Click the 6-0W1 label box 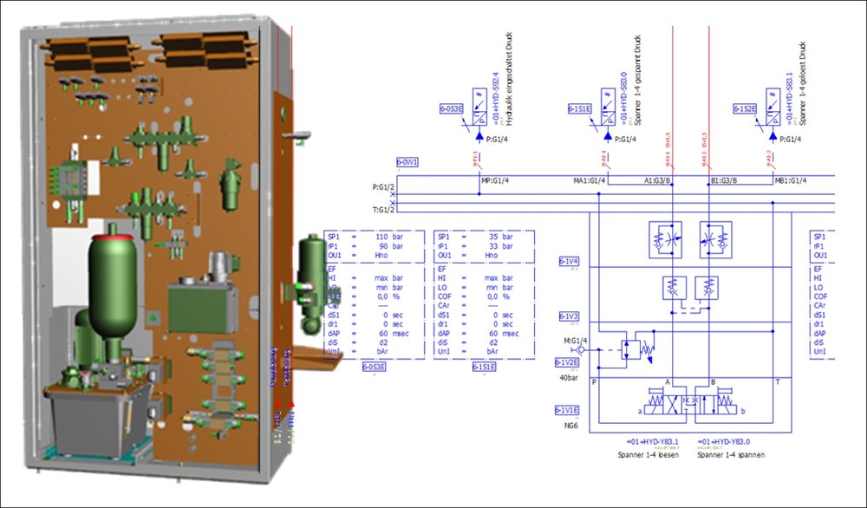click(x=407, y=162)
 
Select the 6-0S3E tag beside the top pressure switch click(x=452, y=109)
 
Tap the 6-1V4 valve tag click(x=569, y=261)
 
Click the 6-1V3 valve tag click(x=569, y=316)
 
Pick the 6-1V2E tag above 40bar click(x=568, y=362)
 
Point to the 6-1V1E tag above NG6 click(x=568, y=410)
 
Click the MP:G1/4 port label click(x=495, y=180)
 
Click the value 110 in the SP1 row click(x=381, y=236)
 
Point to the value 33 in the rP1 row click(x=492, y=246)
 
